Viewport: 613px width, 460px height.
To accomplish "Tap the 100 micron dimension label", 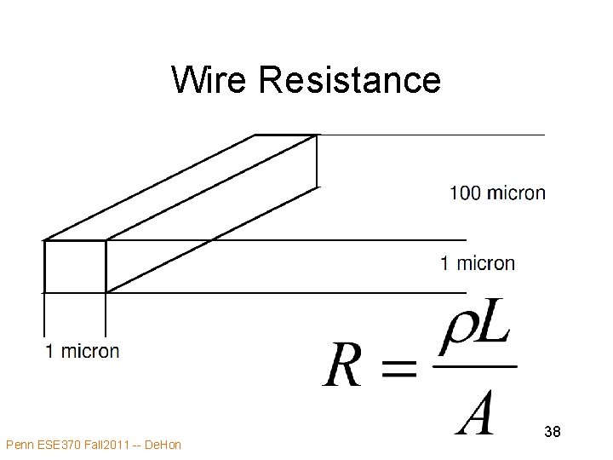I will pos(497,193).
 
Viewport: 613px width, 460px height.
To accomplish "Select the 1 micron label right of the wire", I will pos(477,263).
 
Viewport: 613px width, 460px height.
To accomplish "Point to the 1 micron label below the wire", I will pos(83,351).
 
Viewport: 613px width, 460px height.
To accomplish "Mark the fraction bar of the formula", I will pos(475,367).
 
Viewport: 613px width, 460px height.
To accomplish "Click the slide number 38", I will pos(552,432).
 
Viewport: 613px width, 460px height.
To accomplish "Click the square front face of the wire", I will pos(74,267).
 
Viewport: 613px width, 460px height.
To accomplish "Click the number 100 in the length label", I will pos(465,193).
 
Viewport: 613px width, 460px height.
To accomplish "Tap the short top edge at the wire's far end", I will pos(286,135).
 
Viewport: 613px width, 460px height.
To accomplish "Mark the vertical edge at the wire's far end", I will pos(317,160).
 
